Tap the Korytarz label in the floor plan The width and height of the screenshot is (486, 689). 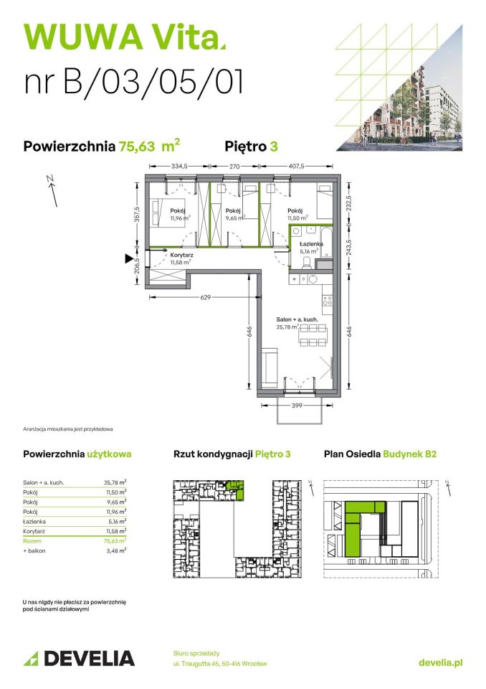181,255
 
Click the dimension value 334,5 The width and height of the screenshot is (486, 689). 180,166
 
